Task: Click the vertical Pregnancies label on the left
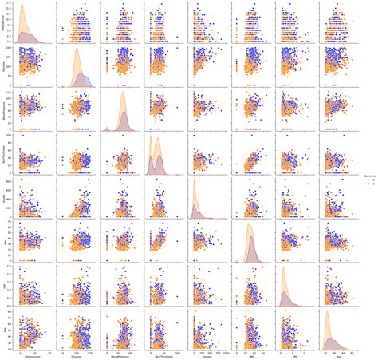[3, 25]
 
